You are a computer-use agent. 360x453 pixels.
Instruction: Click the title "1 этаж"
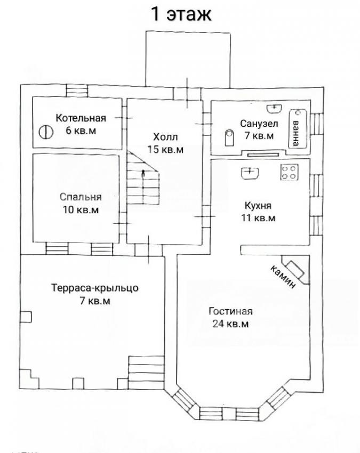tap(181, 14)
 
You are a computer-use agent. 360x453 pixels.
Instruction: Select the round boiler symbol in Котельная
tap(46, 132)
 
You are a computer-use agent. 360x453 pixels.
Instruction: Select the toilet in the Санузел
tap(229, 137)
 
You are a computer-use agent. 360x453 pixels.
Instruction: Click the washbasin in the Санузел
tap(274, 108)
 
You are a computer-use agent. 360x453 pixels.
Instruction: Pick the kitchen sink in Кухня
tap(250, 173)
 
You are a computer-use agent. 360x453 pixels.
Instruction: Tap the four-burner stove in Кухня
tap(289, 172)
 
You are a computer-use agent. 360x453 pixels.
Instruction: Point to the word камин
tap(283, 277)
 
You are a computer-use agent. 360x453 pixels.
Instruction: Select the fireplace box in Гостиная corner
tap(296, 269)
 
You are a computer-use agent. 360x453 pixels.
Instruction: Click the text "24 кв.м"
tap(231, 324)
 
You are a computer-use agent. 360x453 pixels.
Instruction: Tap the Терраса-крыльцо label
tap(95, 288)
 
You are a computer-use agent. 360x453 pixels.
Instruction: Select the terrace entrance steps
tap(146, 373)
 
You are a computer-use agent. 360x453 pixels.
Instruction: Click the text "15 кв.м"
tap(165, 149)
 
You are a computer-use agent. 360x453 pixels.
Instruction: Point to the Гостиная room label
tap(231, 311)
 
